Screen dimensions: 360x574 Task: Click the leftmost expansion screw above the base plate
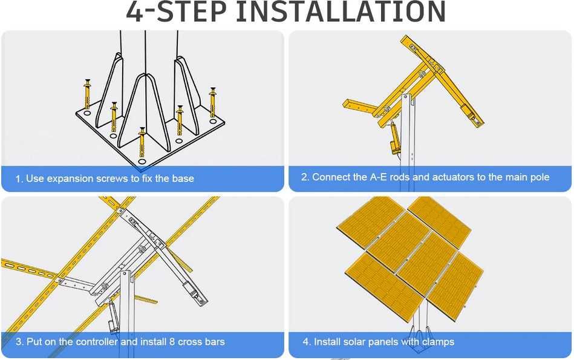(x=87, y=94)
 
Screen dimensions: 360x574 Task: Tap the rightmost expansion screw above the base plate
(x=212, y=102)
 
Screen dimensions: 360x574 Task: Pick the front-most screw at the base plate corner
(x=142, y=142)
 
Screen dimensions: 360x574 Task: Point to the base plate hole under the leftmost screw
(x=86, y=113)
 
